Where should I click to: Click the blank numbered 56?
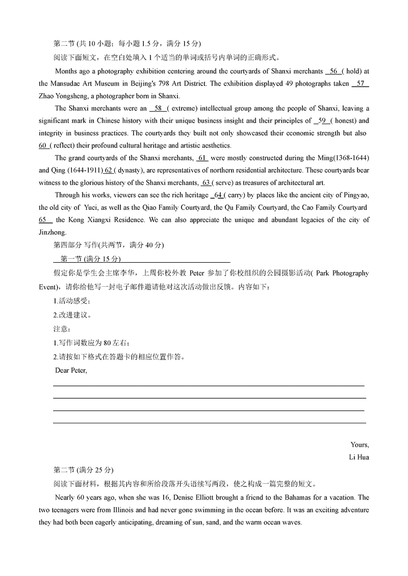point(334,71)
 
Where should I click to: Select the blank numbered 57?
point(360,83)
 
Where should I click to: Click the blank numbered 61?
point(202,158)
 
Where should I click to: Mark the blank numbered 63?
point(206,182)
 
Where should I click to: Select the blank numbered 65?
point(45,220)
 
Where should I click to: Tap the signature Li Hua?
point(359,457)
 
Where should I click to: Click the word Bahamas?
point(291,498)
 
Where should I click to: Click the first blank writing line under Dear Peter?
point(209,386)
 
